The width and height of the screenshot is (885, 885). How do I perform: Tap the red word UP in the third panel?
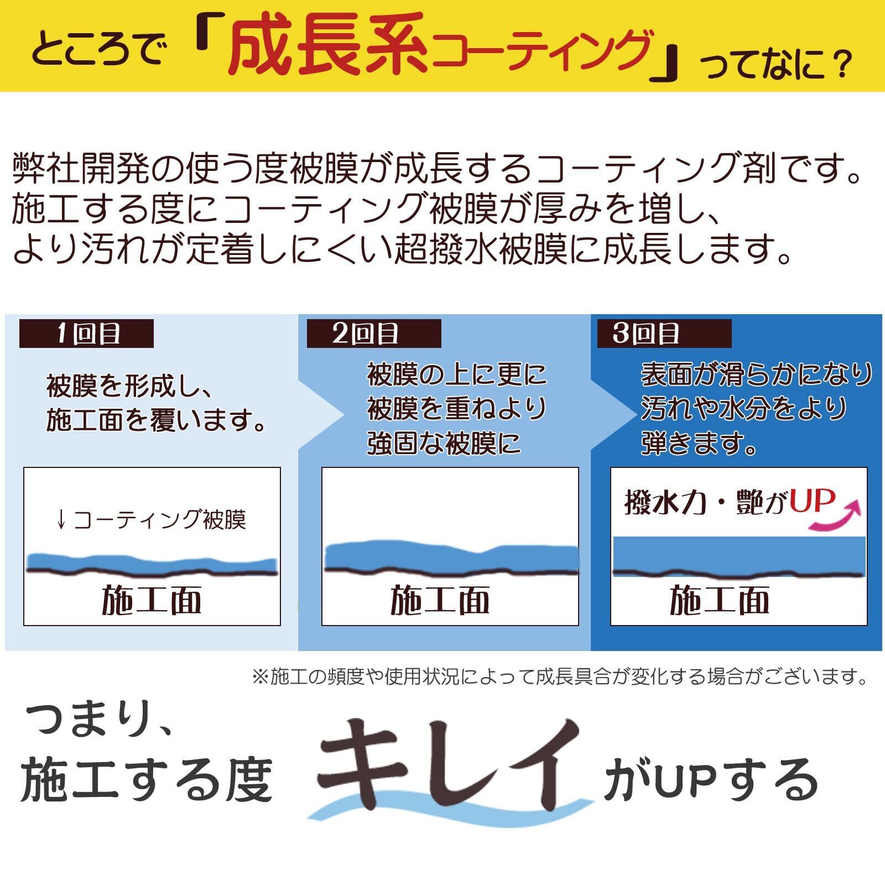[x=811, y=501]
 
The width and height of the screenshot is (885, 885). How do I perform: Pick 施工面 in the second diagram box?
[x=440, y=601]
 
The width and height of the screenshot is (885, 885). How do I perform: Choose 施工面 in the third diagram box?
[x=719, y=601]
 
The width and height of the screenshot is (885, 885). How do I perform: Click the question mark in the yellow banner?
[x=835, y=65]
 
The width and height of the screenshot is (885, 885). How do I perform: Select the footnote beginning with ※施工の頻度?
[x=559, y=676]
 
